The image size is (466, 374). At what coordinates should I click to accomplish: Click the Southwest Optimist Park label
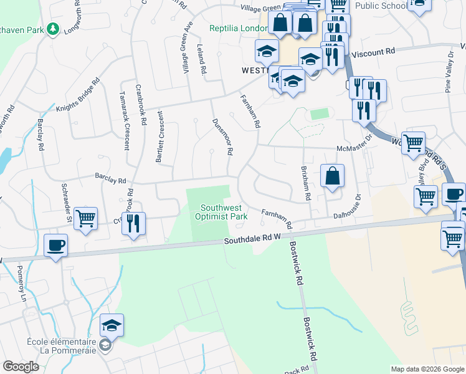click(x=224, y=212)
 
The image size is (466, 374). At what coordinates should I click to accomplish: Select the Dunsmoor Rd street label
click(x=222, y=137)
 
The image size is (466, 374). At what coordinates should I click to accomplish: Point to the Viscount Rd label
click(x=373, y=53)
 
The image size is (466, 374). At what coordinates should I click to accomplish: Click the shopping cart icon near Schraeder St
click(x=85, y=218)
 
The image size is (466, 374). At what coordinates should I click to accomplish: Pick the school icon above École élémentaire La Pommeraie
click(x=112, y=325)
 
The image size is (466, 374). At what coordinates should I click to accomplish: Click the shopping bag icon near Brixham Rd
click(x=333, y=175)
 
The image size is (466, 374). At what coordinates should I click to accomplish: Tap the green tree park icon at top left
click(x=54, y=29)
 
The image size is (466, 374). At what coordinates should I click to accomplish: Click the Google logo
click(x=21, y=367)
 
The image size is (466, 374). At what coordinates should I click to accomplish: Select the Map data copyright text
click(x=427, y=369)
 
